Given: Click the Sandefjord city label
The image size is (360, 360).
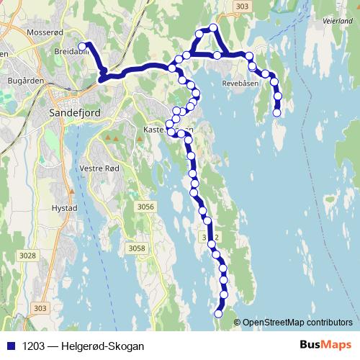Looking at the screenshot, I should pos(74,113).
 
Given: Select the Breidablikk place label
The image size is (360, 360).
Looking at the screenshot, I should pos(70,53).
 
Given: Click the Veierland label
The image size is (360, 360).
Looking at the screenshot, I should pos(338,22).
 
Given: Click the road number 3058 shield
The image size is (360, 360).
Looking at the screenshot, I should pos(135,248).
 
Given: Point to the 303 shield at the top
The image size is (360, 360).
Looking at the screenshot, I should pos(242,6).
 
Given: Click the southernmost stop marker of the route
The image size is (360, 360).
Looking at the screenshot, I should pos(219,313).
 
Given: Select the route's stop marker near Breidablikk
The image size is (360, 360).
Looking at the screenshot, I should pos(82,47).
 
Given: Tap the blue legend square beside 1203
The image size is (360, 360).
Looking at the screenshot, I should pos(11,346).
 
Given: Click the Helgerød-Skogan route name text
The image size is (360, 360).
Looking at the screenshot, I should pos(103,346).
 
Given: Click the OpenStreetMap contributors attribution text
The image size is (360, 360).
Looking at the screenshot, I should pos(297,323).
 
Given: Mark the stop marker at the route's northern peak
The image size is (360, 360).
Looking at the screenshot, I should pos(212,28).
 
